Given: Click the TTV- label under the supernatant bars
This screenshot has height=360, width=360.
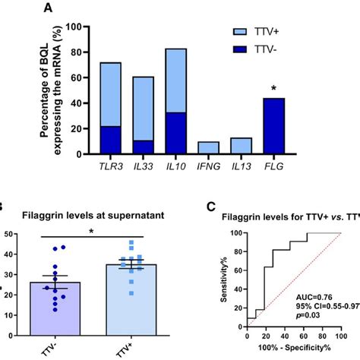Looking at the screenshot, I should click(55, 346).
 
